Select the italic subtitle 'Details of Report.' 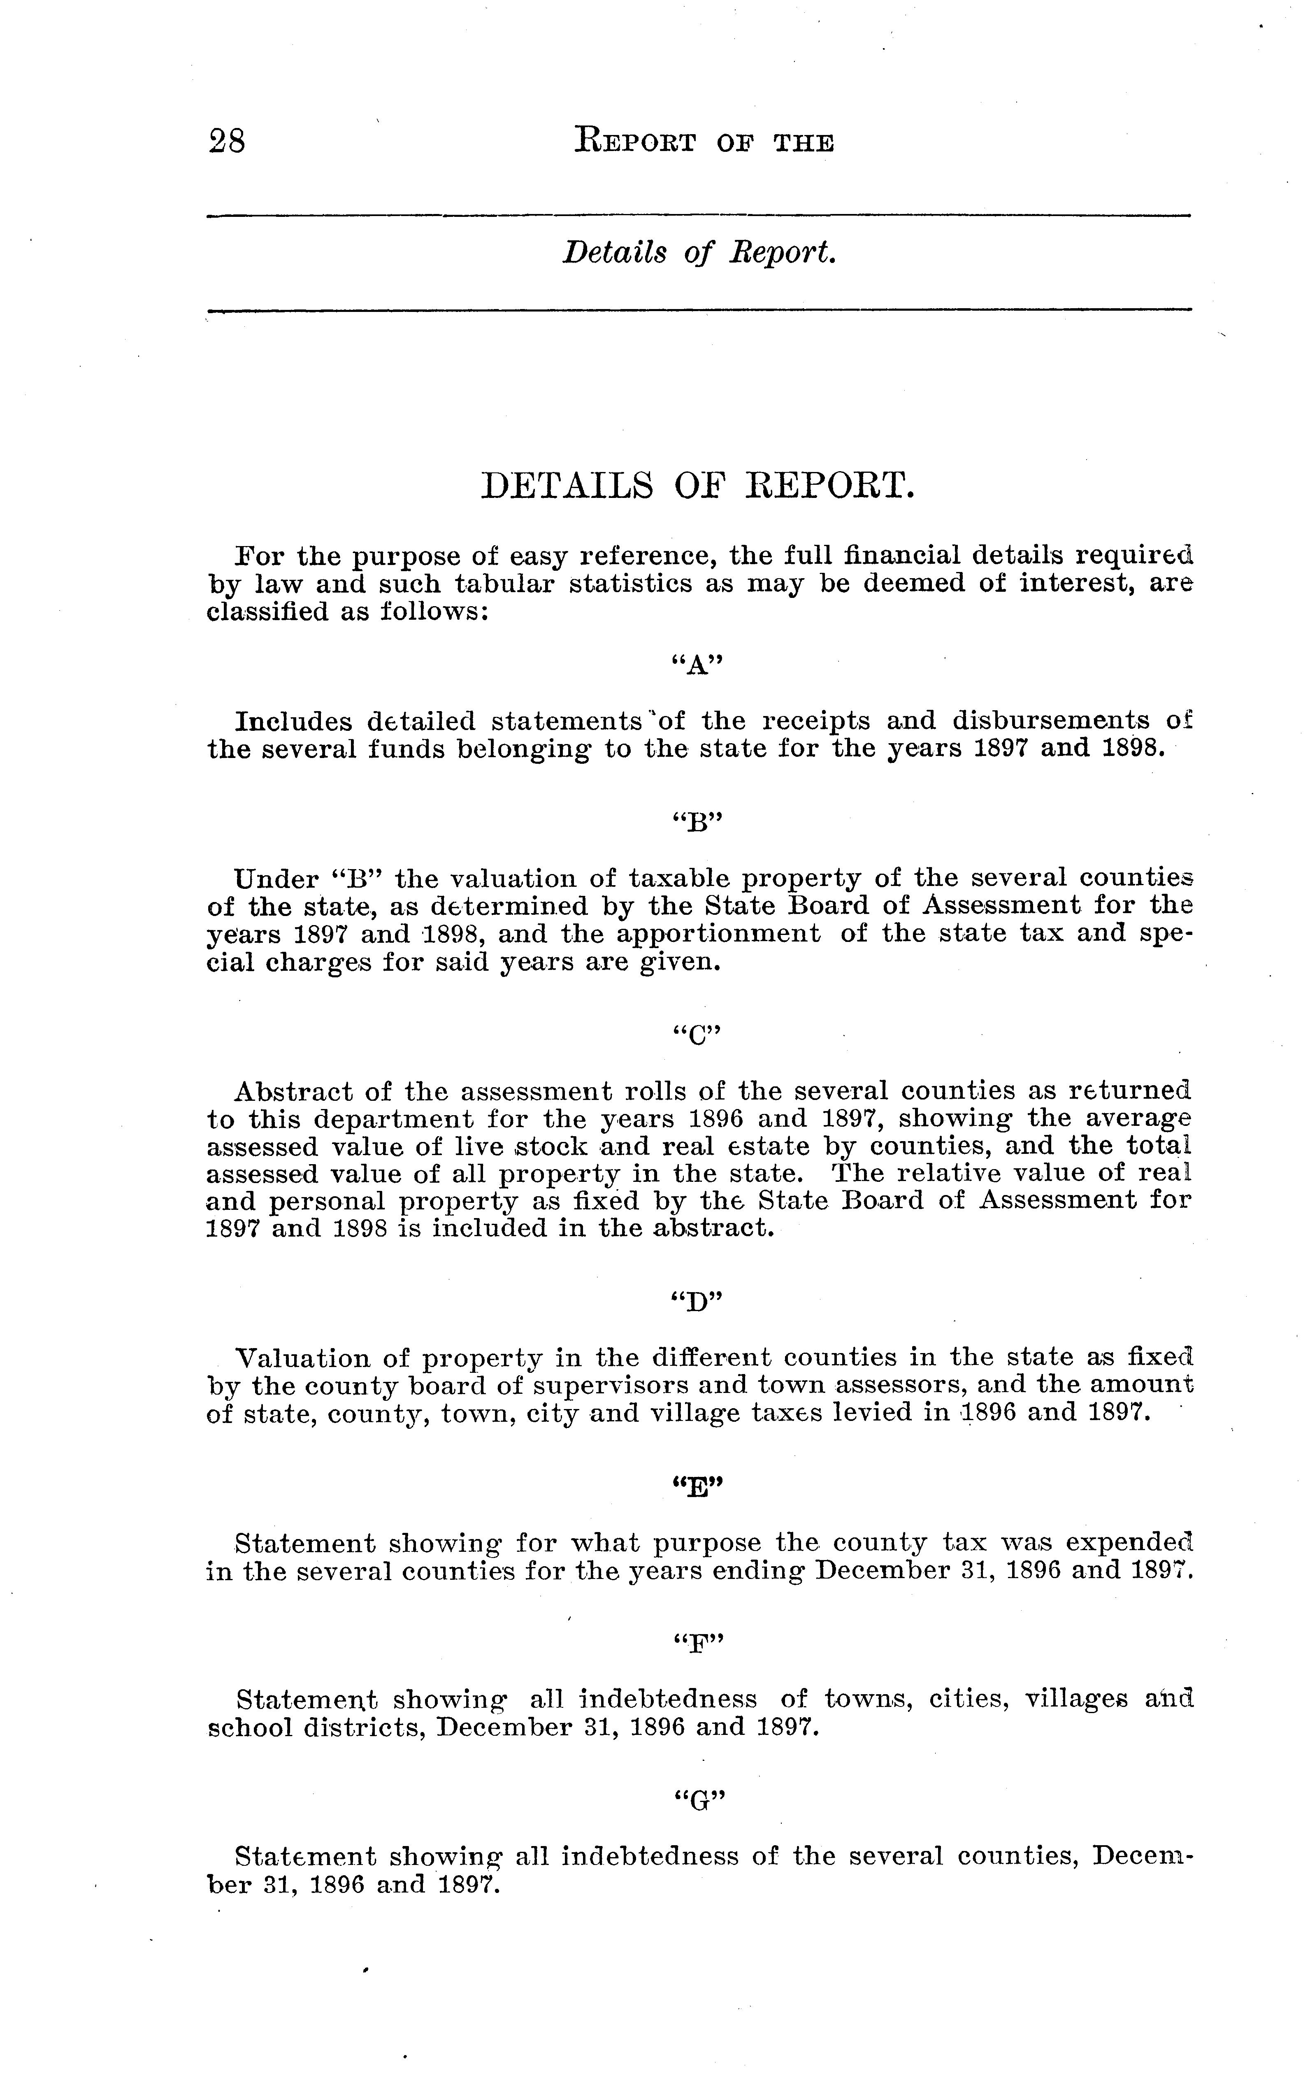click(x=699, y=252)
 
